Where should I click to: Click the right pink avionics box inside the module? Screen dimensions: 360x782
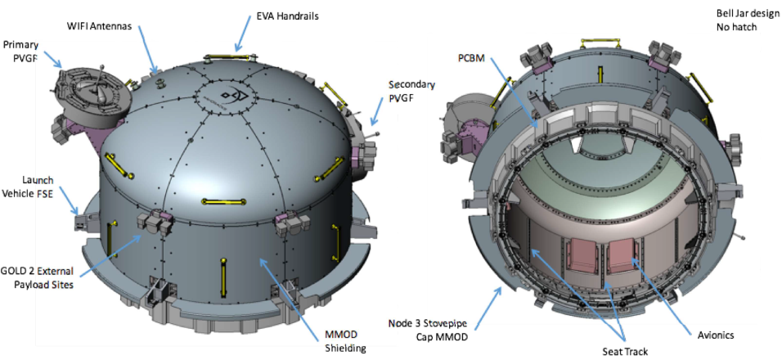click(622, 254)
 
